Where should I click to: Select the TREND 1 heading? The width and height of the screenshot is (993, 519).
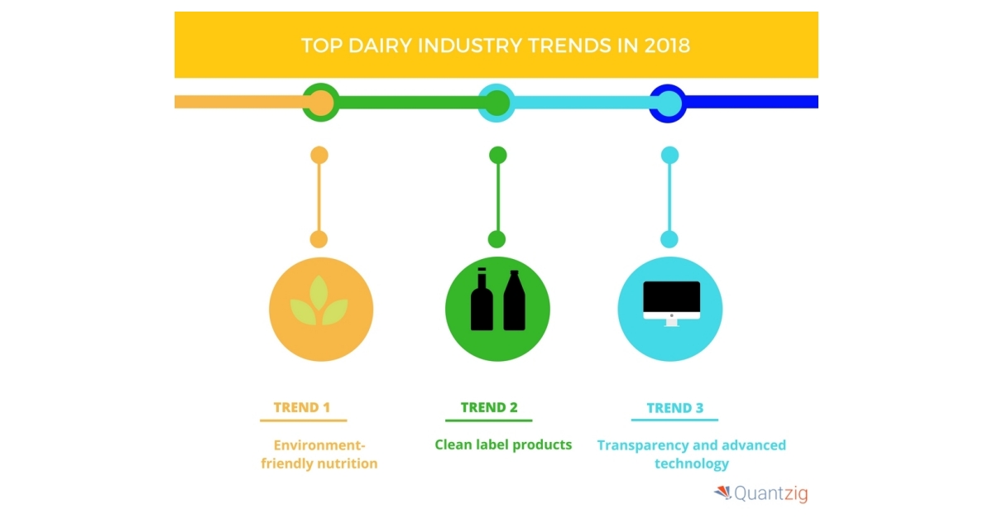[x=302, y=407]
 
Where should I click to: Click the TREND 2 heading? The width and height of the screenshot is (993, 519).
[x=489, y=407]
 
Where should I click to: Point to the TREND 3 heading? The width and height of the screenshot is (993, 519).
[x=674, y=407]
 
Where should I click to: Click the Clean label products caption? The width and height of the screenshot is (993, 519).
[x=503, y=445]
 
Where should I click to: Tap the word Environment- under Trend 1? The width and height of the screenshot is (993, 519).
[x=319, y=445]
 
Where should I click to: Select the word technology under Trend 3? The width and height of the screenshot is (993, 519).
[x=692, y=464]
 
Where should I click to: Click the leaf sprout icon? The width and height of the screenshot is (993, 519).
[x=319, y=300]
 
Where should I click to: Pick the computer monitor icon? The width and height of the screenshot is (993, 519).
[x=672, y=304]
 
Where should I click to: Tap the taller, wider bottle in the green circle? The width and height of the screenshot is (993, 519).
[x=514, y=300]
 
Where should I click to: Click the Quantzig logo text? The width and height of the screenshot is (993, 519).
[x=771, y=493]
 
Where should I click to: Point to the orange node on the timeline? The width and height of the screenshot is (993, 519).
[x=320, y=103]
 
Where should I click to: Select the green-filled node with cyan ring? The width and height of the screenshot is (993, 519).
[x=496, y=103]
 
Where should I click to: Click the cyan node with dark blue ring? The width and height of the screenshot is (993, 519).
[x=668, y=103]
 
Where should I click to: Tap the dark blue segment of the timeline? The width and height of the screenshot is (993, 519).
[x=752, y=102]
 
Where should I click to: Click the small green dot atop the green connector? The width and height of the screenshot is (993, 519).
[x=498, y=156]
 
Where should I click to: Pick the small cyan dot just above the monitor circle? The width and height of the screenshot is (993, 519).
[x=669, y=239]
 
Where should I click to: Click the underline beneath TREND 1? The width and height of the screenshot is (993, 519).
[x=303, y=420]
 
